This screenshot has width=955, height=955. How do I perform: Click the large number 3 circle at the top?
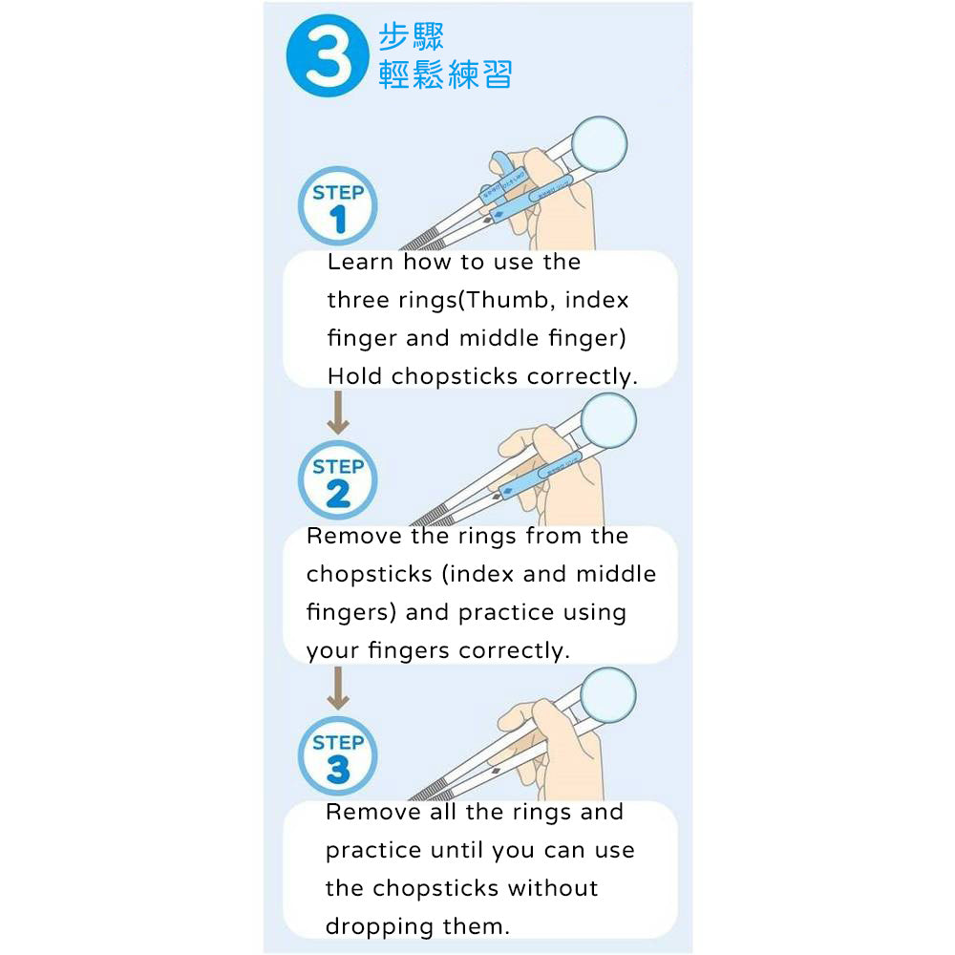click(328, 55)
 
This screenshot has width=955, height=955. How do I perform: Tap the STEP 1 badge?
click(337, 206)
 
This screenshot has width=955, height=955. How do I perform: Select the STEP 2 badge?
click(337, 480)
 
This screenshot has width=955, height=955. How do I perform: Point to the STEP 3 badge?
click(337, 755)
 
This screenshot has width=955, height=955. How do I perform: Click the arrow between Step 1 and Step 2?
click(338, 413)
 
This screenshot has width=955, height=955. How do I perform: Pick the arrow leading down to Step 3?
click(338, 689)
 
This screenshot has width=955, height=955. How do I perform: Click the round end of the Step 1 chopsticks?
click(600, 144)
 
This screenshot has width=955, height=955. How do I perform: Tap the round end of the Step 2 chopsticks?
click(608, 421)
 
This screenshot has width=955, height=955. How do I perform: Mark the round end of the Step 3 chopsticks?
click(608, 695)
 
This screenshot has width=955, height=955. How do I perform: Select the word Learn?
click(361, 262)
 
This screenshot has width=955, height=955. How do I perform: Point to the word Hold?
click(355, 375)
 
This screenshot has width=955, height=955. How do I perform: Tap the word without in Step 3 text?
click(553, 888)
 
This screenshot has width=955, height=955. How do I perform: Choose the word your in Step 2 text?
click(332, 651)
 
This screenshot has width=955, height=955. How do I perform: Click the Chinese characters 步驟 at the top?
click(411, 36)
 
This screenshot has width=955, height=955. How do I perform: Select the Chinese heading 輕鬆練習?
click(445, 74)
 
